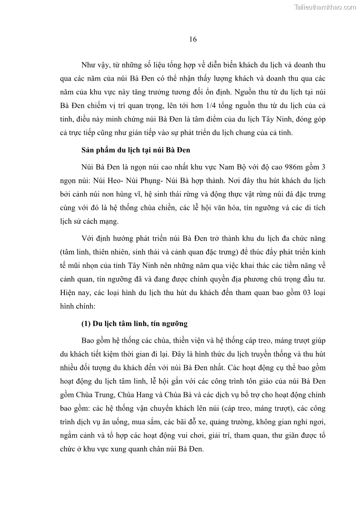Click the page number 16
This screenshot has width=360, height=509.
tap(193, 39)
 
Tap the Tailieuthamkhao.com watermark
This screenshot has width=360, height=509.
tap(325, 7)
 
